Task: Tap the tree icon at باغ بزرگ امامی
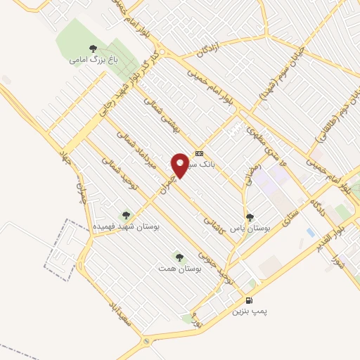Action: coord(93,49)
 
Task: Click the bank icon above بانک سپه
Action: coord(200,153)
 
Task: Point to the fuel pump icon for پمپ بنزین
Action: coord(249,300)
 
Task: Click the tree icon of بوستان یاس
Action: coord(250,217)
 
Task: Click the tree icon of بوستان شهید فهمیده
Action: coord(126,216)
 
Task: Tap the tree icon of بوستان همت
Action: coord(179,257)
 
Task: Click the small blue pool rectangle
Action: coord(310,232)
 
